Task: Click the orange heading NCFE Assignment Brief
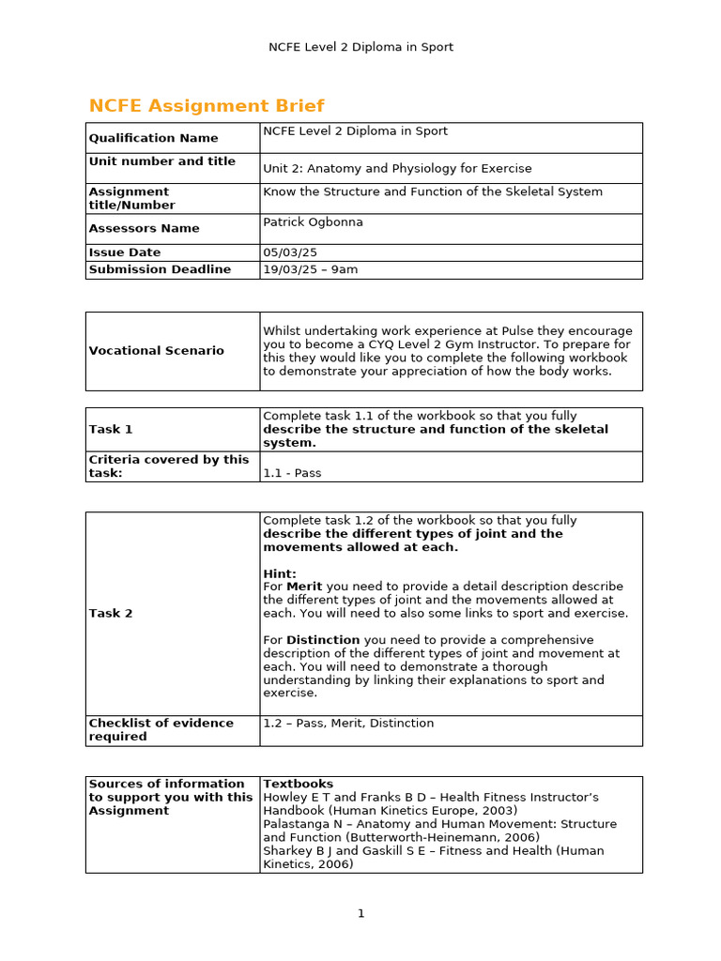(x=207, y=106)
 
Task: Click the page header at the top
(x=360, y=47)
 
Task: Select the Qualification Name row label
(x=153, y=138)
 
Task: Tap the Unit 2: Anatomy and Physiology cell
(x=397, y=169)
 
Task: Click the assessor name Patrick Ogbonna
(x=314, y=221)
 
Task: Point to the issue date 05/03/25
(x=285, y=252)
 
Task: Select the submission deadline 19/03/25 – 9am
(x=310, y=269)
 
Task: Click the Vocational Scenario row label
(x=156, y=351)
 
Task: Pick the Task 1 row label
(x=111, y=429)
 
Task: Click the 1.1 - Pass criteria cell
(x=292, y=473)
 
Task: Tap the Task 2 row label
(x=111, y=614)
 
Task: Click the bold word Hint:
(x=280, y=573)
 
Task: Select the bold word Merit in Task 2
(x=304, y=587)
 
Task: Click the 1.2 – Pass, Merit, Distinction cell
(x=348, y=724)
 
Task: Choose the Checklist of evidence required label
(x=161, y=730)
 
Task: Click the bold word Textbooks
(x=298, y=784)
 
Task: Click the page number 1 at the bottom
(x=360, y=913)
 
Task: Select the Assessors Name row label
(x=144, y=228)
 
